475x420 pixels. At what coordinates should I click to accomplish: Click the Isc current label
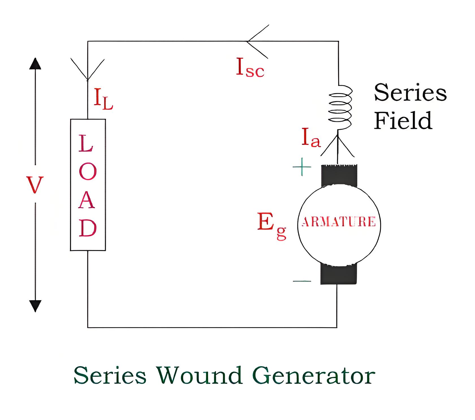250,68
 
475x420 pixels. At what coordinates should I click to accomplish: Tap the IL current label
103,99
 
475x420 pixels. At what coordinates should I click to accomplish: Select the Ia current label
311,138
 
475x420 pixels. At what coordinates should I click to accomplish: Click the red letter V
34,185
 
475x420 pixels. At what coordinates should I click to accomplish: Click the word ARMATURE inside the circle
339,222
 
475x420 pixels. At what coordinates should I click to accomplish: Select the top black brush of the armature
339,175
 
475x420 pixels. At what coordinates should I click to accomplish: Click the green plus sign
302,167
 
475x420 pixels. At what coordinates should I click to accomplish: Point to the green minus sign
302,281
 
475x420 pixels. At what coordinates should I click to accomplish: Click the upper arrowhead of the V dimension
35,63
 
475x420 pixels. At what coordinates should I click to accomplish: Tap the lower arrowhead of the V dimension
35,306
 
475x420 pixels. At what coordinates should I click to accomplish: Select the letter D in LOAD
88,228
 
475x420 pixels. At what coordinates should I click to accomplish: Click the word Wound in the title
200,375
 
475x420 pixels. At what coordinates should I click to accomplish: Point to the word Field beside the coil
403,120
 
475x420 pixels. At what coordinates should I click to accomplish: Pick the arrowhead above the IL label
88,69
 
